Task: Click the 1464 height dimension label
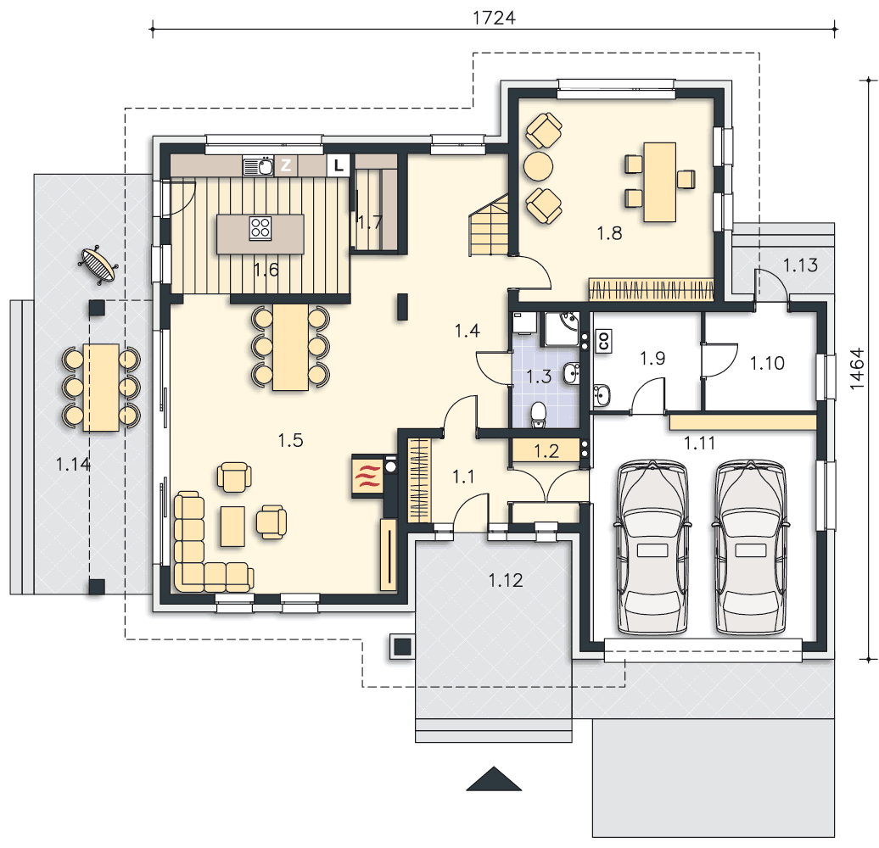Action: click(857, 369)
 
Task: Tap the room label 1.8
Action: click(609, 233)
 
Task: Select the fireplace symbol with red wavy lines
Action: click(367, 475)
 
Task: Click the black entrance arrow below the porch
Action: click(494, 778)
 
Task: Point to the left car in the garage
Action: click(652, 547)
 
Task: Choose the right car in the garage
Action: click(749, 547)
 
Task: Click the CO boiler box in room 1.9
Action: click(604, 341)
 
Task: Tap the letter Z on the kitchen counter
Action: click(286, 165)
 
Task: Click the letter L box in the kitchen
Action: click(338, 166)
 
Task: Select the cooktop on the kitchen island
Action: click(260, 228)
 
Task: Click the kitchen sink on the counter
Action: click(258, 166)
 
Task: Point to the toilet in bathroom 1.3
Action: click(538, 414)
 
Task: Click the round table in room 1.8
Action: click(539, 166)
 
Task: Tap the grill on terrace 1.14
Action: click(99, 265)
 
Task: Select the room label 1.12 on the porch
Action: click(506, 580)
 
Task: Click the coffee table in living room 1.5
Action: click(232, 526)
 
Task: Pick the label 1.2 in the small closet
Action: click(546, 451)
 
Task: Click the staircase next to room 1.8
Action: click(490, 226)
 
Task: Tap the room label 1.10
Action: click(768, 363)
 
